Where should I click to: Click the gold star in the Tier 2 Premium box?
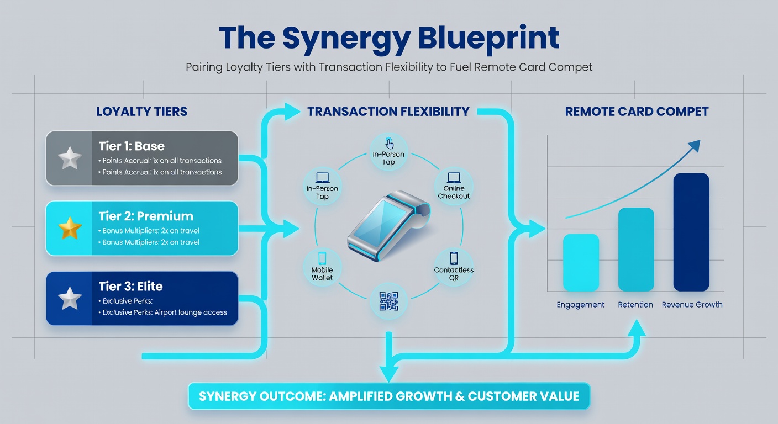click(70, 228)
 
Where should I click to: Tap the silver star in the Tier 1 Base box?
click(70, 158)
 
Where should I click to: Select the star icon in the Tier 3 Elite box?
click(70, 298)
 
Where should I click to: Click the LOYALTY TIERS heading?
click(141, 112)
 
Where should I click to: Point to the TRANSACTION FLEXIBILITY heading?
click(388, 112)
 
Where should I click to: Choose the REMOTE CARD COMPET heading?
click(637, 112)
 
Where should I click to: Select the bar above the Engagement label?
click(581, 262)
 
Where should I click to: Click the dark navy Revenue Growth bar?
click(691, 232)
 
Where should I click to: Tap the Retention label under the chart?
click(635, 305)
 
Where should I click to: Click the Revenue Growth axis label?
click(692, 305)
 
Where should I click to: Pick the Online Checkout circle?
click(454, 187)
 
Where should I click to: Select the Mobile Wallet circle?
click(322, 268)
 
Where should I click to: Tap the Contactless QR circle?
click(454, 268)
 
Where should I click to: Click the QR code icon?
click(388, 301)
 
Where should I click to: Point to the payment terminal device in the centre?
click(389, 226)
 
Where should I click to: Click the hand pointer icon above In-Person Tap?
click(389, 143)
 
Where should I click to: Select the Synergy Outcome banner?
click(388, 396)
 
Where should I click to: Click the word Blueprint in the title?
click(488, 38)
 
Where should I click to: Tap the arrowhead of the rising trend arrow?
click(695, 145)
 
